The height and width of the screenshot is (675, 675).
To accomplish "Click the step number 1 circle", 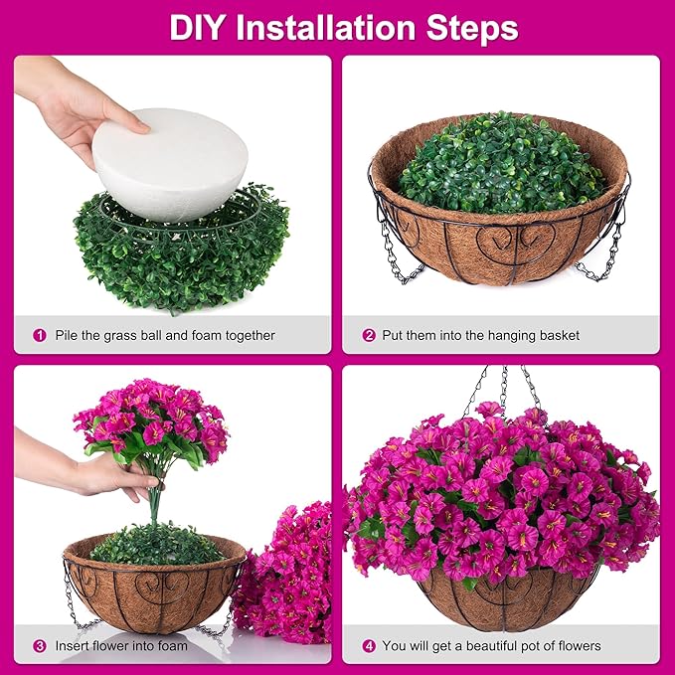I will (40, 335).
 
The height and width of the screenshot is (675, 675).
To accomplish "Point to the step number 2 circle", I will (369, 335).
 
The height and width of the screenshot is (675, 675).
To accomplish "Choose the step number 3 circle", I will (40, 645).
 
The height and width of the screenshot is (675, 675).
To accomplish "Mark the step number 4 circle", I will (369, 645).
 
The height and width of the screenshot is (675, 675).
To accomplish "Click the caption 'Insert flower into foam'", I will (120, 645).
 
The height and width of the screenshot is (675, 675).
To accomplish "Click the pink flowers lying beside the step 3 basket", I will (288, 577).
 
